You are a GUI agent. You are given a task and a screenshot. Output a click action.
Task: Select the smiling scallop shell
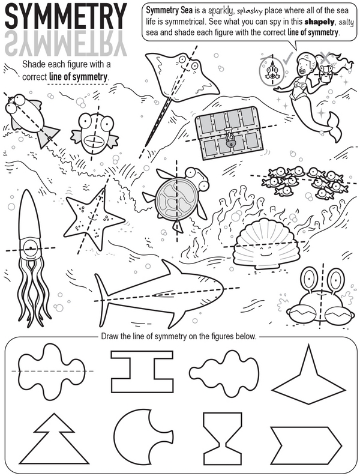click(x=264, y=244)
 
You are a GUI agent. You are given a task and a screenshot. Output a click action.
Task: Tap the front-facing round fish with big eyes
click(x=93, y=133)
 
